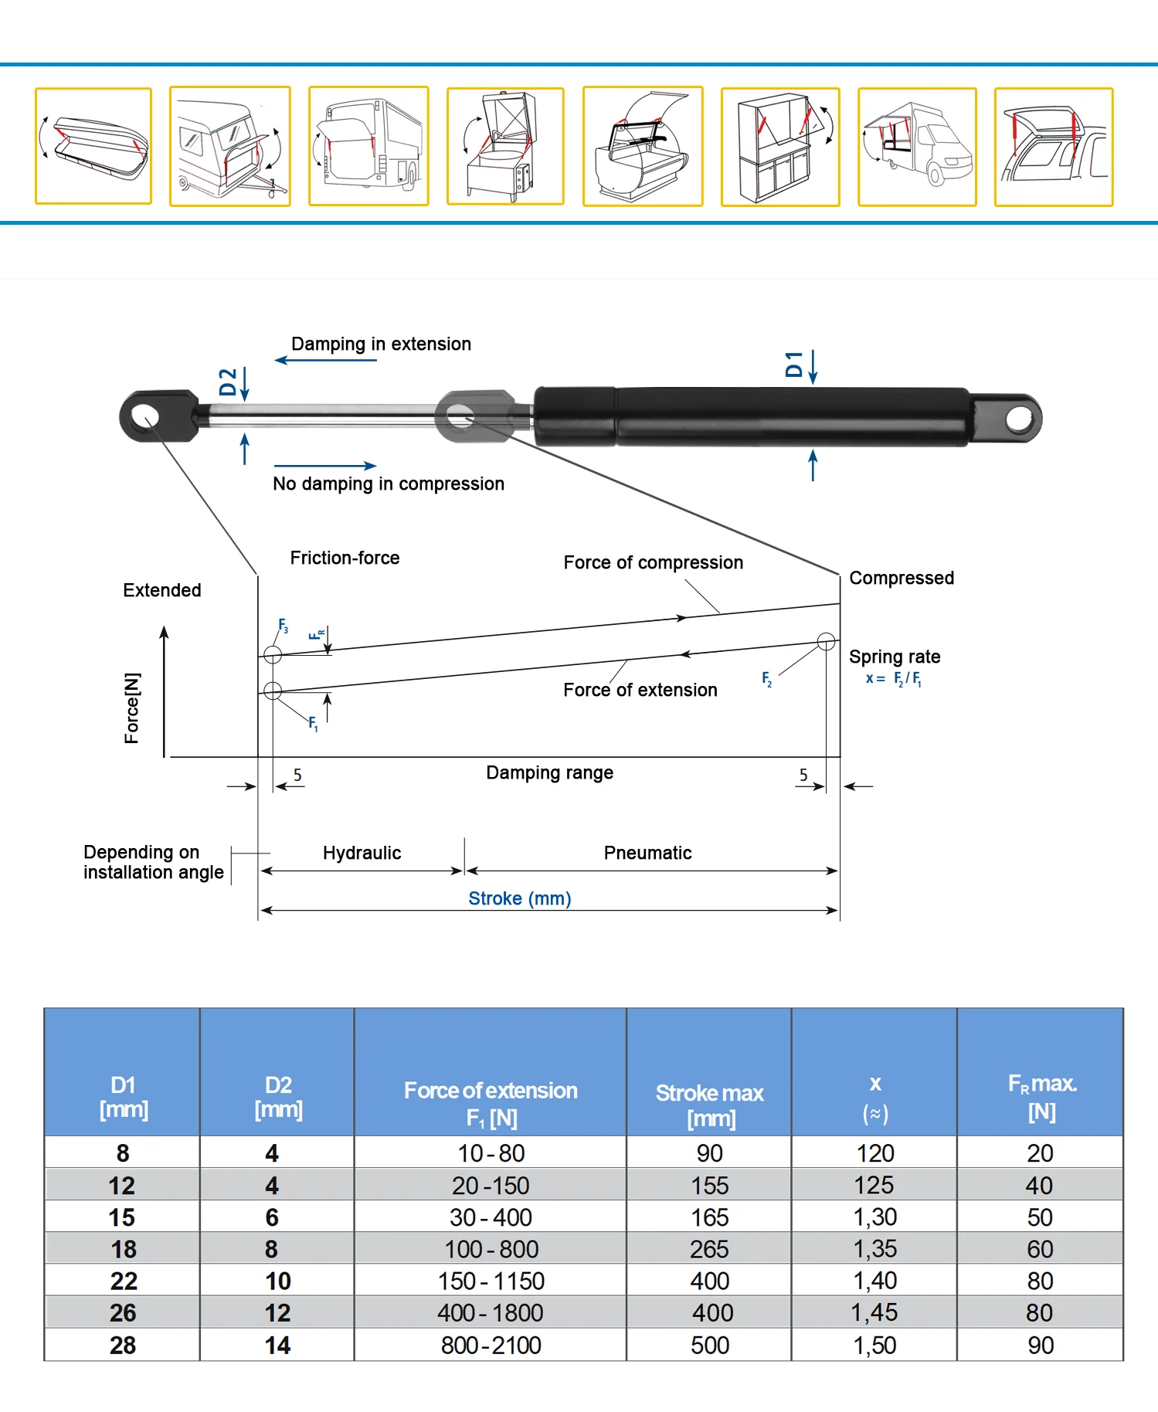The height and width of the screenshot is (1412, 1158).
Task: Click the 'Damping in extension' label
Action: coord(381,344)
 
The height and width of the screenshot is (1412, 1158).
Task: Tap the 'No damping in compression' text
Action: coord(389,484)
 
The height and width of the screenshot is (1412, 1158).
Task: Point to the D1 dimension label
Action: coord(794,364)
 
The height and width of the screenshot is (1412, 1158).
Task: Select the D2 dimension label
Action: coord(228,382)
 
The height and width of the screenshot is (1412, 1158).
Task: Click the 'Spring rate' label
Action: coord(895,657)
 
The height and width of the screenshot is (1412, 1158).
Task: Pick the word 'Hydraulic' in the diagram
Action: coord(362,853)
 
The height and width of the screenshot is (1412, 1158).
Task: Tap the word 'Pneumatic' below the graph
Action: coord(647,853)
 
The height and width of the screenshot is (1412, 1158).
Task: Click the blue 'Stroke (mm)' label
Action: coord(520,898)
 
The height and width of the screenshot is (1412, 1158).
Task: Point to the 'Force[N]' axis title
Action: coord(132,708)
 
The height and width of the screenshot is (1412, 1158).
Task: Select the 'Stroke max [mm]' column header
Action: coord(710,1105)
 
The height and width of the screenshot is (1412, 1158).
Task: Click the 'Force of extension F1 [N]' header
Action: coord(491,1104)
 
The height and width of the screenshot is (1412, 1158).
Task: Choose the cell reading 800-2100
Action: coord(491,1345)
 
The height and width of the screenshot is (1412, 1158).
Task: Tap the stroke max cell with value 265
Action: coord(709,1249)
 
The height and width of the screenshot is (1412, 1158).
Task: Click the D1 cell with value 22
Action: coord(124,1281)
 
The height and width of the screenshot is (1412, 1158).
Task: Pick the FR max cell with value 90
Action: coord(1041,1345)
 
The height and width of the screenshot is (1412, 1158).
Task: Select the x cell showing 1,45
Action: coord(874,1312)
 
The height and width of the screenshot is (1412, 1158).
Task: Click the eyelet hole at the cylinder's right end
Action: coord(1020,419)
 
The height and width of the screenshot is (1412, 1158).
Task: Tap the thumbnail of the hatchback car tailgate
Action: coord(1054,147)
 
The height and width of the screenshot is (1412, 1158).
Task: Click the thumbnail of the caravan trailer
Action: coord(230,146)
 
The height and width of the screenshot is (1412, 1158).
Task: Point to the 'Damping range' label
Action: coord(549,772)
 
